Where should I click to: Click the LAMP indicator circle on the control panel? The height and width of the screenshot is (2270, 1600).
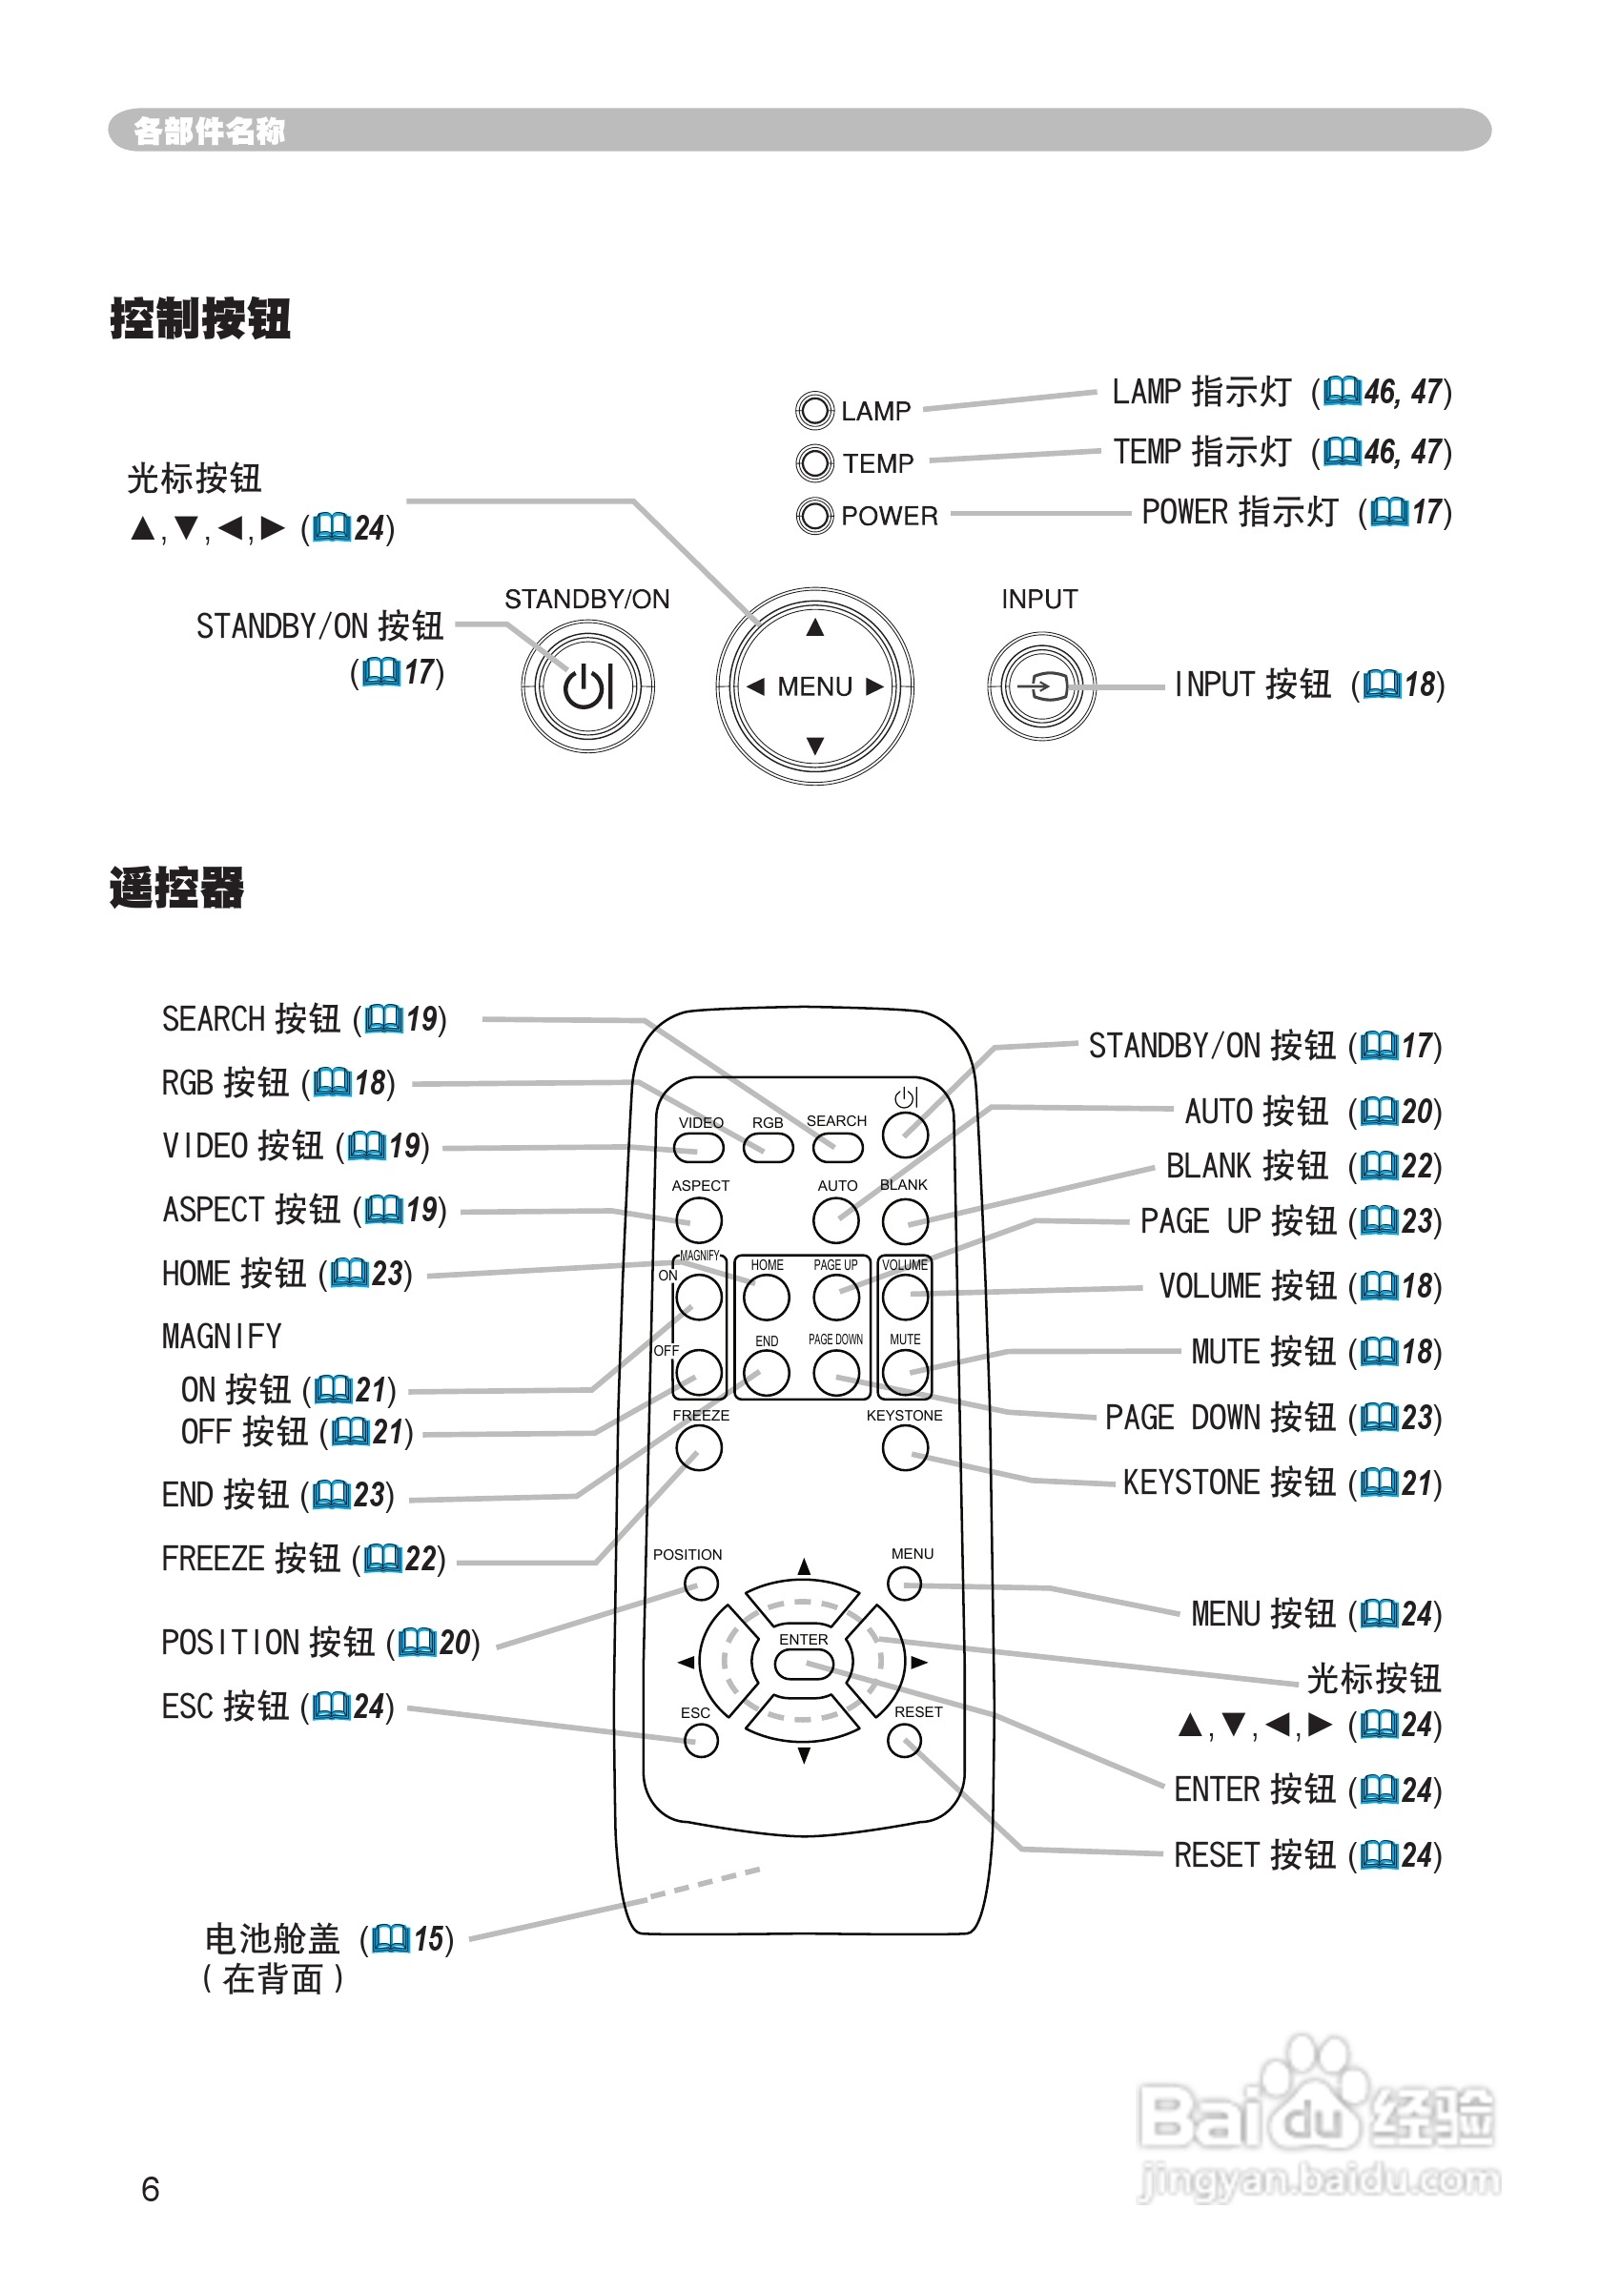click(814, 410)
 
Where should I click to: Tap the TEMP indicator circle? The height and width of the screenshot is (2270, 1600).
click(814, 462)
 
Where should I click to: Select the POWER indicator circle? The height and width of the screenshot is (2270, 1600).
click(814, 515)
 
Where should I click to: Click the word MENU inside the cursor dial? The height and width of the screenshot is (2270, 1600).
click(814, 686)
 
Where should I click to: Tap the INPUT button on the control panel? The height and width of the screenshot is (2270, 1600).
click(1040, 686)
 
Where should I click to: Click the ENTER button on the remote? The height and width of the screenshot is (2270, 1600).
click(803, 1664)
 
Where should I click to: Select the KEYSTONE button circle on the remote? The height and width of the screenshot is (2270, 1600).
click(904, 1448)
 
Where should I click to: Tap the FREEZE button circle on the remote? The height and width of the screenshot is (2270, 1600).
click(699, 1448)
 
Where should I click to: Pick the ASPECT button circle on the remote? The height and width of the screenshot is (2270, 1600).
click(699, 1220)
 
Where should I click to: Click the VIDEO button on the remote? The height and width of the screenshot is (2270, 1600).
click(698, 1148)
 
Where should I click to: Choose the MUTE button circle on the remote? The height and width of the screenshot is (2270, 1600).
click(904, 1372)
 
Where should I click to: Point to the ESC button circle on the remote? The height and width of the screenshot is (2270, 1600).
click(700, 1741)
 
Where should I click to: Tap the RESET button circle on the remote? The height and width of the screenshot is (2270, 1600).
click(904, 1741)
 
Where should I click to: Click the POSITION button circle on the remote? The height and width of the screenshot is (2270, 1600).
click(700, 1585)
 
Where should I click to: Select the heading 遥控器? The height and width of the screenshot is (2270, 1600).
click(177, 887)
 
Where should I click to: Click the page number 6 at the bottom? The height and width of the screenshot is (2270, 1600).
click(151, 2189)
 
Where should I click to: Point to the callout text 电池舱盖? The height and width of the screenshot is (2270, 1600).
click(272, 1939)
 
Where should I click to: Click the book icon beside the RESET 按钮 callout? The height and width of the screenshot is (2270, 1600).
click(1379, 1854)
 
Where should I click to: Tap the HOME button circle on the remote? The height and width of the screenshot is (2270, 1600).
click(767, 1298)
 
